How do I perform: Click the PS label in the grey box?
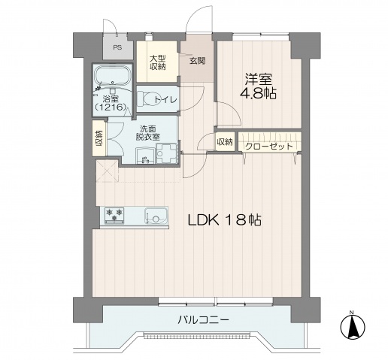[117, 47]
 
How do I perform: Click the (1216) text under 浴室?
[109, 108]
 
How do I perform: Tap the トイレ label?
[165, 99]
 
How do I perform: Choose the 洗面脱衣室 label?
[147, 132]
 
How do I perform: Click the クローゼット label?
[269, 146]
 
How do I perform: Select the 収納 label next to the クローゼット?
[225, 142]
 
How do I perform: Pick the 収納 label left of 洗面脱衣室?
[99, 139]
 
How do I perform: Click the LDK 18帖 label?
[224, 221]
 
